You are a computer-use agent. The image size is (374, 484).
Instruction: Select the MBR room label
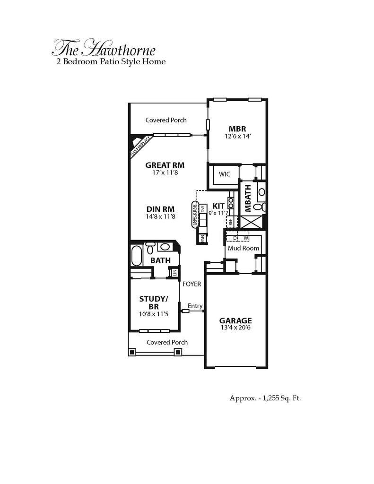point(237,129)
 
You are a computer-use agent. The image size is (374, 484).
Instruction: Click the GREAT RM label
point(165,165)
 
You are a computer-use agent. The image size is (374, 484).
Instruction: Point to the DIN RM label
point(160,208)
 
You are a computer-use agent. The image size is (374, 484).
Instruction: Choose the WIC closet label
point(224,174)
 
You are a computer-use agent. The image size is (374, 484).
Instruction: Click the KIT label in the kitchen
point(218,206)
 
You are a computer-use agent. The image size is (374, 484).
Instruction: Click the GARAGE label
point(235,320)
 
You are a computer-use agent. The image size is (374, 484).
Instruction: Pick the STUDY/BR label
point(153,302)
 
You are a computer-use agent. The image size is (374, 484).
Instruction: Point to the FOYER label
point(191,284)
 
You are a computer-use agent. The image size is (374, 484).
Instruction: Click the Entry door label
point(195,306)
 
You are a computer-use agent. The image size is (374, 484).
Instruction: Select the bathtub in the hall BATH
point(136,255)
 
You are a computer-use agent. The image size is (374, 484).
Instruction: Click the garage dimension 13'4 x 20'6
point(235,328)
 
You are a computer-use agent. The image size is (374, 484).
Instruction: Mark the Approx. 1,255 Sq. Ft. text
point(265,398)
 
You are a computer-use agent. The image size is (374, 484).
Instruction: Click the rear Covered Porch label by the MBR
point(166,120)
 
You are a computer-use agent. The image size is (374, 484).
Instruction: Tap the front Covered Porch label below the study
point(167,342)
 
